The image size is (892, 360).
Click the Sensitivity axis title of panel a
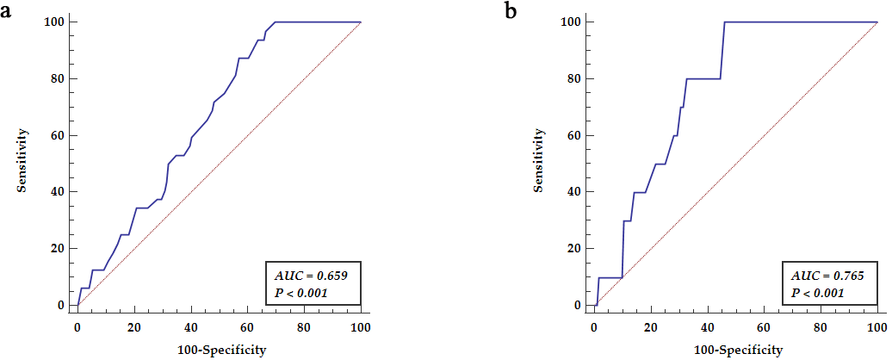pos(26,161)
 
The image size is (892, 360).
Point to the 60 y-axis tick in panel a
pos(59,135)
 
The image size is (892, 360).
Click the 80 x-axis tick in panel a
pos(304,327)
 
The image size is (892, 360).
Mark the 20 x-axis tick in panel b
pos(651,327)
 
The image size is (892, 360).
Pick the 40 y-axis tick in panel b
pos(575,192)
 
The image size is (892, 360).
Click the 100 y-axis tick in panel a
pos(55,22)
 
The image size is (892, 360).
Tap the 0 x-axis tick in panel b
pos(594,327)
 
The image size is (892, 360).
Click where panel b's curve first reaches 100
pos(724,22)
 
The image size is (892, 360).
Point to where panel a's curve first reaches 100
pos(275,22)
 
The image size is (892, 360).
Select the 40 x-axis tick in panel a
pos(191,327)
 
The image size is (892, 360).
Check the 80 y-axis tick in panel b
pos(575,78)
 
